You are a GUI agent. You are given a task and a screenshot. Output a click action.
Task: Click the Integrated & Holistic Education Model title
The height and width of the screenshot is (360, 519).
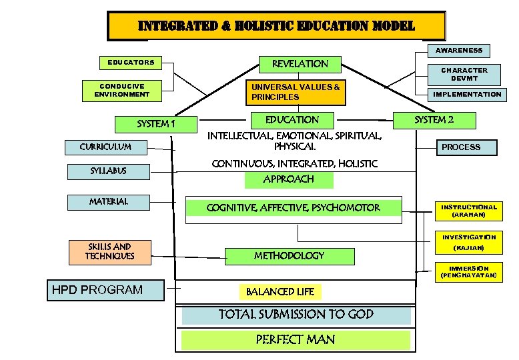(x=276, y=27)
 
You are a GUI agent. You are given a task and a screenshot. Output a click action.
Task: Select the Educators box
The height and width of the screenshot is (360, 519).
(x=131, y=63)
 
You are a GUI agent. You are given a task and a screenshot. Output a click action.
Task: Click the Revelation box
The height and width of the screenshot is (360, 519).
(x=300, y=64)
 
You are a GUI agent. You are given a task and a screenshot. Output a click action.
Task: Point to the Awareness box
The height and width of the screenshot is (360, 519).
(x=458, y=50)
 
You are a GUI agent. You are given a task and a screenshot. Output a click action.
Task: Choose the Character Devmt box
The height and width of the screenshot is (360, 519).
(x=464, y=74)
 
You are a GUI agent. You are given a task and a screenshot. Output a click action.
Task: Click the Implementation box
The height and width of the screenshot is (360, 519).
(x=467, y=95)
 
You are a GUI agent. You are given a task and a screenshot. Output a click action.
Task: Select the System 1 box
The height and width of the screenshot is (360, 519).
(x=155, y=124)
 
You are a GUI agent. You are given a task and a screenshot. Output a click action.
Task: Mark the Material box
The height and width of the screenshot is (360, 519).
(x=109, y=201)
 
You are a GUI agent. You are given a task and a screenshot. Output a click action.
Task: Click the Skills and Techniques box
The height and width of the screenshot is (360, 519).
(x=109, y=251)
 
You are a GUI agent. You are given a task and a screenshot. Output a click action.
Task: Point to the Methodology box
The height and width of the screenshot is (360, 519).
(x=288, y=255)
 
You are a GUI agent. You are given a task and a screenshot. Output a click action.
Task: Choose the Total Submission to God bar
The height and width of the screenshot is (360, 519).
(x=296, y=315)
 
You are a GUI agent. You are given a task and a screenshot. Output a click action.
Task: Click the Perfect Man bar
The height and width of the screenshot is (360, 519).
(x=296, y=339)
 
